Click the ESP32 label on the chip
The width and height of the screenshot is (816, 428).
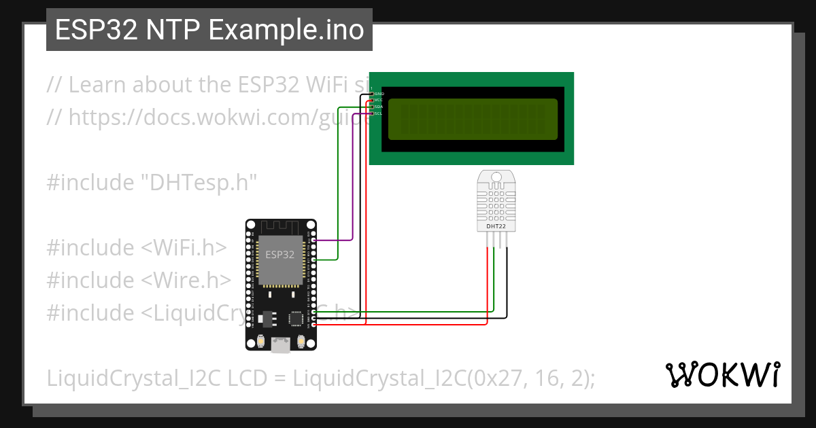280,255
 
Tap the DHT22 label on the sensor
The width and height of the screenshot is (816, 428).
496,226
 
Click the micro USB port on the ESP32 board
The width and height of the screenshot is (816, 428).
280,346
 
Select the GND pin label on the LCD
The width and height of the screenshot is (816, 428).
379,94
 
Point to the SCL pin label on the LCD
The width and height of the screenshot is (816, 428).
378,113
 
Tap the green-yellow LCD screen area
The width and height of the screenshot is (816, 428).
473,120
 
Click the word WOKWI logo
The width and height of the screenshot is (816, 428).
722,374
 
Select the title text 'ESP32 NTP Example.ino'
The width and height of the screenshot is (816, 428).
209,30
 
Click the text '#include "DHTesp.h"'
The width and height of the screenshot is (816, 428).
152,183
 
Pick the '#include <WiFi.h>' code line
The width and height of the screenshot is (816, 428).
136,248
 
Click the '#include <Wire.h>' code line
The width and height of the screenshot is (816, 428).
139,281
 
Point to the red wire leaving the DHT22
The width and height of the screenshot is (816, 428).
488,285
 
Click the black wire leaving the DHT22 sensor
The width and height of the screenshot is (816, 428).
507,285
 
